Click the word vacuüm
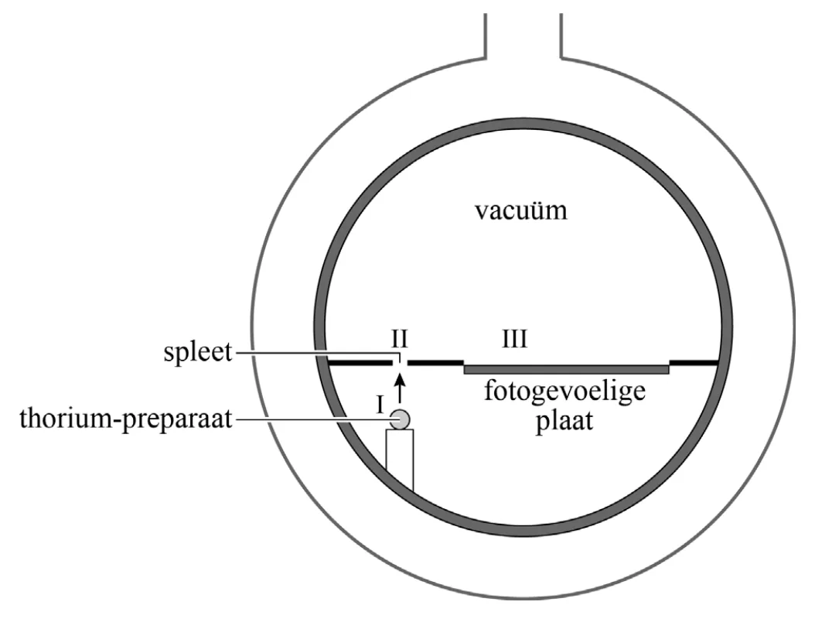521,211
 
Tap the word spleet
197,352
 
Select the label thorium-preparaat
126,418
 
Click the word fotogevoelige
565,391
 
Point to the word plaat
564,420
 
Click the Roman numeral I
380,404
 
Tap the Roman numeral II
400,339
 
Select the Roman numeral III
514,339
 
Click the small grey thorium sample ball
401,419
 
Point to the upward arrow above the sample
399,388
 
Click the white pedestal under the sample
400,460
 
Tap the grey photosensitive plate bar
567,370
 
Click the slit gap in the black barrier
401,362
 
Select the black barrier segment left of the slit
360,362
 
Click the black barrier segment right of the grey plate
694,362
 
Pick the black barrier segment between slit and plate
435,362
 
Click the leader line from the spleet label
317,354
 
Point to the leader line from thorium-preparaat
312,419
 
